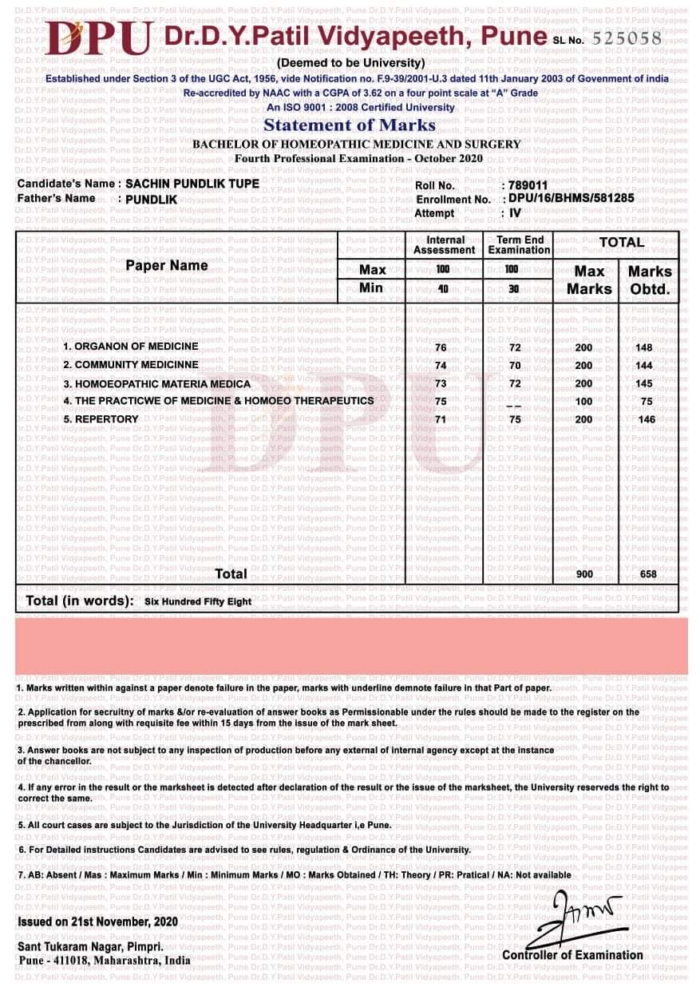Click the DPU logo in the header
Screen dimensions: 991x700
click(x=99, y=38)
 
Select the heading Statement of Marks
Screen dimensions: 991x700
click(x=350, y=125)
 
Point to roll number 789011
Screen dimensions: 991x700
click(x=528, y=185)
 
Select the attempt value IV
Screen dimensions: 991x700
click(x=515, y=213)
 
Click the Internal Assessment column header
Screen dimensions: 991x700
click(x=445, y=244)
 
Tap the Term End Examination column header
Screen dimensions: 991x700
click(x=519, y=244)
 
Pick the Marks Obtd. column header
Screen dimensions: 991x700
click(x=650, y=279)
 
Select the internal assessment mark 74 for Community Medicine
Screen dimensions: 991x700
click(x=441, y=365)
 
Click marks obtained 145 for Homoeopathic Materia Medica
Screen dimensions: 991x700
click(x=644, y=383)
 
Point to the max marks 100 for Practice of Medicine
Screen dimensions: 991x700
click(x=583, y=402)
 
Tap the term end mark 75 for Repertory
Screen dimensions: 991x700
click(x=515, y=419)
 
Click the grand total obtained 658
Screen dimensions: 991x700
click(x=648, y=574)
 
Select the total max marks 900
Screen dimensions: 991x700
click(x=583, y=574)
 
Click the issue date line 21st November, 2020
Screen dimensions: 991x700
click(x=97, y=922)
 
